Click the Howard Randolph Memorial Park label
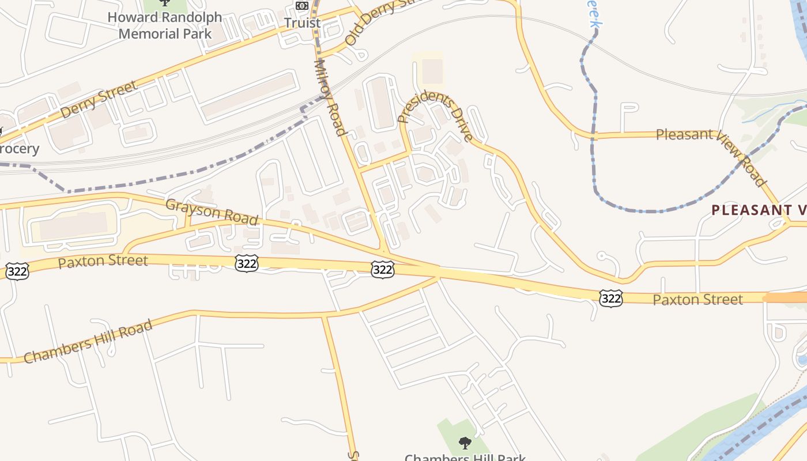point(164,25)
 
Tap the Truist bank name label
point(302,23)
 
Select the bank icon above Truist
point(302,6)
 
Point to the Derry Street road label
point(99,99)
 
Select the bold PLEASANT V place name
point(759,210)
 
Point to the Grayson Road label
point(212,212)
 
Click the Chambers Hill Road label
point(88,341)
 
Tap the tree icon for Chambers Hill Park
point(465,443)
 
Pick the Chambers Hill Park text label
point(465,457)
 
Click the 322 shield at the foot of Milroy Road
point(383,269)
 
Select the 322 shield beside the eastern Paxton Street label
point(610,298)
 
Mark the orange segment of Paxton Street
point(785,297)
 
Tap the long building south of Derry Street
point(249,96)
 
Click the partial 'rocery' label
point(20,149)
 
